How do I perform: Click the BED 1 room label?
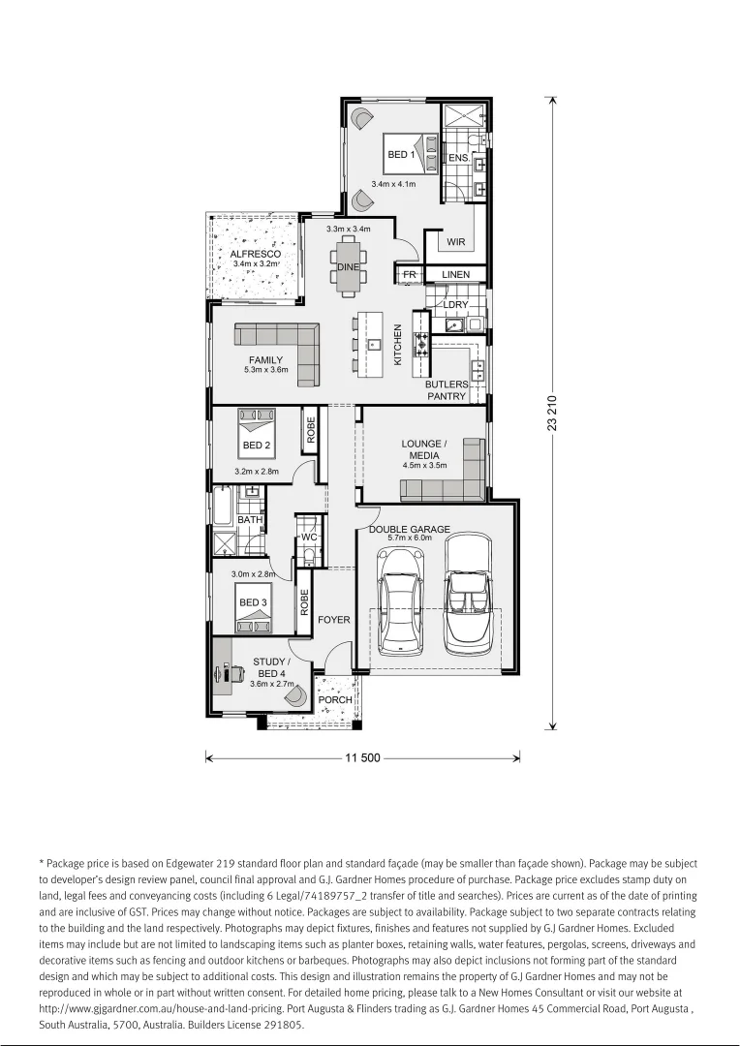tap(401, 155)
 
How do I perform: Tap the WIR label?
tap(455, 242)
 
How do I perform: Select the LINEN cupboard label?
tap(455, 275)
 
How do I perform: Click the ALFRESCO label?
tap(256, 254)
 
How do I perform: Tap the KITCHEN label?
tap(397, 345)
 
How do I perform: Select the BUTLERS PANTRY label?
tap(447, 390)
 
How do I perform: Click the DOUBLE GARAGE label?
tap(410, 530)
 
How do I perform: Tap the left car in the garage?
tap(398, 600)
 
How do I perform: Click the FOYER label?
tap(334, 620)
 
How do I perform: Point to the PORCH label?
tap(335, 700)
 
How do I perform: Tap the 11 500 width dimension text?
tap(362, 758)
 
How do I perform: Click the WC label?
tap(310, 537)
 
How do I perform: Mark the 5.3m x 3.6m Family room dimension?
tap(265, 370)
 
